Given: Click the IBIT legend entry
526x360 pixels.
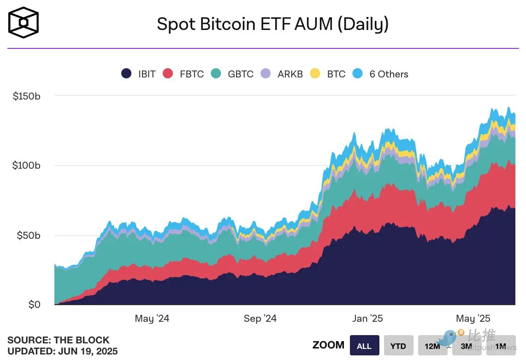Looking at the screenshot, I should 138,74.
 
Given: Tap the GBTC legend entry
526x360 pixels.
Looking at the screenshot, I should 232,74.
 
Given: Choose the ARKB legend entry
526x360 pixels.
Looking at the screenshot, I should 282,74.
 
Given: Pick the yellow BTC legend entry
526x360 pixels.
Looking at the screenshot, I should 328,74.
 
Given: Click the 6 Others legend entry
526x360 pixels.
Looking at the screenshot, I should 380,74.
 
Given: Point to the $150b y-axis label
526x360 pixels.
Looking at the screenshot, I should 26,96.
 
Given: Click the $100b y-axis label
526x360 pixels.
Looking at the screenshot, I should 26,165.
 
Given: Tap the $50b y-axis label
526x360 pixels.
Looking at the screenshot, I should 29,235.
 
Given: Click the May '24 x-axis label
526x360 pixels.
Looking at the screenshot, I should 152,319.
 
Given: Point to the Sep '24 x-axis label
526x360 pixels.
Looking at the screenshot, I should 260,319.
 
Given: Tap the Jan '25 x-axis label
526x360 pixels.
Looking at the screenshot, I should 367,319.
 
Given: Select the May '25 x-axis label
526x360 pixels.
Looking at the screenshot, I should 473,319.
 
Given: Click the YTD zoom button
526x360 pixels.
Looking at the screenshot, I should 398,345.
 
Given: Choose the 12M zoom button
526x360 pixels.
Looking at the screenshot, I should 432,345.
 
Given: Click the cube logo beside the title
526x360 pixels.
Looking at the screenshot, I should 24,22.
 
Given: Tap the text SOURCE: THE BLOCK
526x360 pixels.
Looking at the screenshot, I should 59,340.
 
